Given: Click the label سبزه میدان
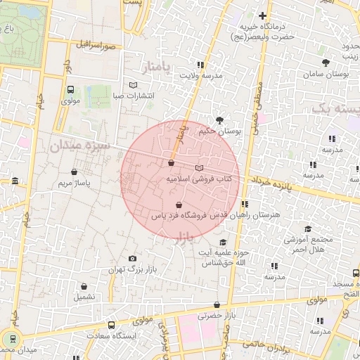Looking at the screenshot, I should click(79, 146).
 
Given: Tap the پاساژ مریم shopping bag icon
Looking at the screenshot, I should click(75, 172).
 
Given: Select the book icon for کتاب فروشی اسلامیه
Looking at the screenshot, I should click(199, 168).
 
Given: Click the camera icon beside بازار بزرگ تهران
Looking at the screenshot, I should click(133, 259).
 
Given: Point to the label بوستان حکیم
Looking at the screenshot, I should click(219, 131).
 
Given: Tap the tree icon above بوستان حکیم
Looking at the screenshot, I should click(219, 120).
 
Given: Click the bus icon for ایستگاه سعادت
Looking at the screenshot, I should click(111, 325).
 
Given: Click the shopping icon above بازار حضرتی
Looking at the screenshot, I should click(217, 304).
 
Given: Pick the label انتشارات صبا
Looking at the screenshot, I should click(138, 95).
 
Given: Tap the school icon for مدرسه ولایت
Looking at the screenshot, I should click(202, 64).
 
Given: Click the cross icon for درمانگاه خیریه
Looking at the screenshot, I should click(263, 15).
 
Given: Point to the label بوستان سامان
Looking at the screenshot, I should click(323, 74).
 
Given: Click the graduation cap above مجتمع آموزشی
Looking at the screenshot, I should click(307, 229).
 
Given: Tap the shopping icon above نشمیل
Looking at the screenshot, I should click(84, 287).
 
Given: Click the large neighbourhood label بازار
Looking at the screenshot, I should click(181, 235).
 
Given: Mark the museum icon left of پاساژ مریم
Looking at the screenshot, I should click(15, 183).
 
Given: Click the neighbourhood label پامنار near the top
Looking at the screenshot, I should click(155, 68).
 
